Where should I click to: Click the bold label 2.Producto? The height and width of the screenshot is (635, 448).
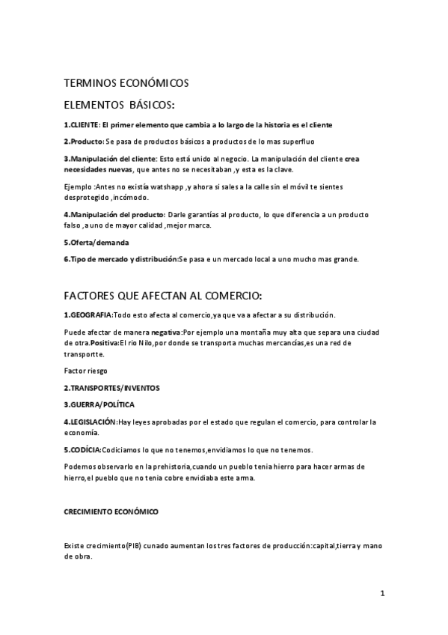[x=84, y=142]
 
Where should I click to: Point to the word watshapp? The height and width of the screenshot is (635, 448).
[x=165, y=186]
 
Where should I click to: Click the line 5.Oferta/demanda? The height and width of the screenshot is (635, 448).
[x=96, y=243]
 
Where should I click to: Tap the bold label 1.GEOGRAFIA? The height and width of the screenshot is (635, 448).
[x=88, y=315]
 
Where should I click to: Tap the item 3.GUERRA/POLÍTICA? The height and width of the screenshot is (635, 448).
[x=99, y=404]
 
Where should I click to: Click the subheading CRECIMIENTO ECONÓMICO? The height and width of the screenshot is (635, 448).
[x=111, y=512]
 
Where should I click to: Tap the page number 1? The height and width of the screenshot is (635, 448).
[x=381, y=594]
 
